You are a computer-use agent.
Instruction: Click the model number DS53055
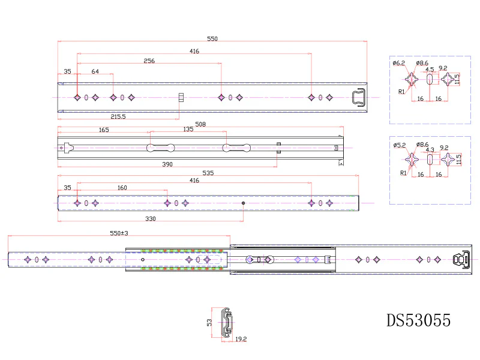pyautogui.click(x=418, y=320)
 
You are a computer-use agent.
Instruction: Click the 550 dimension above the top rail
pyautogui.click(x=212, y=39)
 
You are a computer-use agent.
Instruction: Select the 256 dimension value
pyautogui.click(x=149, y=61)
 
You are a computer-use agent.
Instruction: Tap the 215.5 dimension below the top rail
pyautogui.click(x=118, y=116)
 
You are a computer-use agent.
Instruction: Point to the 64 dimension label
pyautogui.click(x=95, y=71)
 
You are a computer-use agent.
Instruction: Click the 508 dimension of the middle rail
pyautogui.click(x=200, y=124)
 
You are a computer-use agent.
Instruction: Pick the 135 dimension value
pyautogui.click(x=188, y=129)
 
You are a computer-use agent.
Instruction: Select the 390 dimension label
pyautogui.click(x=167, y=164)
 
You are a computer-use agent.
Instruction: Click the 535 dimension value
pyautogui.click(x=208, y=173)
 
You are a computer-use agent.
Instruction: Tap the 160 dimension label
pyautogui.click(x=122, y=188)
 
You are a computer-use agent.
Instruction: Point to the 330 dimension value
pyautogui.click(x=151, y=218)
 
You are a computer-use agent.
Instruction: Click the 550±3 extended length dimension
pyautogui.click(x=119, y=233)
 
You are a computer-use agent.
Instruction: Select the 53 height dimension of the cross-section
pyautogui.click(x=209, y=323)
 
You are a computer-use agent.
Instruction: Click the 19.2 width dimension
pyautogui.click(x=241, y=339)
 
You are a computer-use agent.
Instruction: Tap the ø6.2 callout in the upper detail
pyautogui.click(x=399, y=63)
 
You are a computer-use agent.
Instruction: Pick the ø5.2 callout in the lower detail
pyautogui.click(x=400, y=145)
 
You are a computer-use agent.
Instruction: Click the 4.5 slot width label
pyautogui.click(x=430, y=70)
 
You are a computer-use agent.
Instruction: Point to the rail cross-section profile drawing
pyautogui.click(x=227, y=323)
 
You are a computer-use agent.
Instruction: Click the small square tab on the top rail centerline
pyautogui.click(x=181, y=98)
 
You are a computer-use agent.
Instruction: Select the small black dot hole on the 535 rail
pyautogui.click(x=244, y=203)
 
